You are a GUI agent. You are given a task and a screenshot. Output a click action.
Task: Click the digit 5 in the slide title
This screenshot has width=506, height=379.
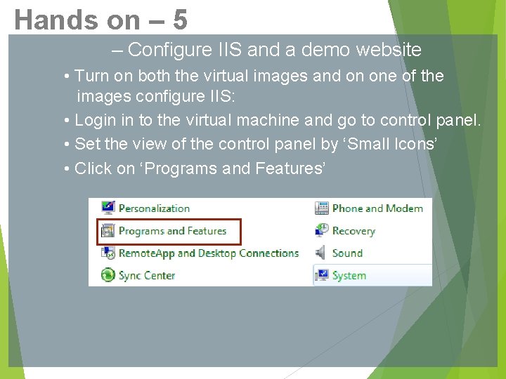(179, 20)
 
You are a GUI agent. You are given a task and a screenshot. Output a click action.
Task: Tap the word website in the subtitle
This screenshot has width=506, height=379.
(389, 50)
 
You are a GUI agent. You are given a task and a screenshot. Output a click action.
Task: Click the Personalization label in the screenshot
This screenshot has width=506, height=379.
(154, 208)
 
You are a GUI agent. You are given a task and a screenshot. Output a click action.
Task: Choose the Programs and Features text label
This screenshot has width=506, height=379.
(172, 231)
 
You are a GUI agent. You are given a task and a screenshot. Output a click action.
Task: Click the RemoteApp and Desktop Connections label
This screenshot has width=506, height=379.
(208, 253)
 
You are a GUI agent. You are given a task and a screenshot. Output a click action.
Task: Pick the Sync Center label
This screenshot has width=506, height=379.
(147, 276)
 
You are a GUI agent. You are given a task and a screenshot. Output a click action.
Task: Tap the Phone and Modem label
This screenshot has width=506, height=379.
(377, 208)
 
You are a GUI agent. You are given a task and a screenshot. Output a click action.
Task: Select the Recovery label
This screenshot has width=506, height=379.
(353, 231)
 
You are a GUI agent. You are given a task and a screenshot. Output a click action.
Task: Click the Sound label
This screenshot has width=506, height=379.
(347, 253)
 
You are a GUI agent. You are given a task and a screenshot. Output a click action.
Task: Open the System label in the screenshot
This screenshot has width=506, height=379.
(349, 276)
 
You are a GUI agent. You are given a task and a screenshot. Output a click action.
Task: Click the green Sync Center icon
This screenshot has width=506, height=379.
(108, 275)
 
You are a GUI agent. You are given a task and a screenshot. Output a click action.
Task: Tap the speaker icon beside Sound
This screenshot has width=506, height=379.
(321, 253)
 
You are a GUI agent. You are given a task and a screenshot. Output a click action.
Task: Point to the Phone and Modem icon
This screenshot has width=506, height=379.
(321, 208)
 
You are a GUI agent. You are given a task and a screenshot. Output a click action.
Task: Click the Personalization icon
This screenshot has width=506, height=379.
(108, 208)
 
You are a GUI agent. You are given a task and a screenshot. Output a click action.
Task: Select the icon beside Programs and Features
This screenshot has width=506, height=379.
(108, 231)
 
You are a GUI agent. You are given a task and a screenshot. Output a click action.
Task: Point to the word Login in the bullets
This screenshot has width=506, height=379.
(95, 121)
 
